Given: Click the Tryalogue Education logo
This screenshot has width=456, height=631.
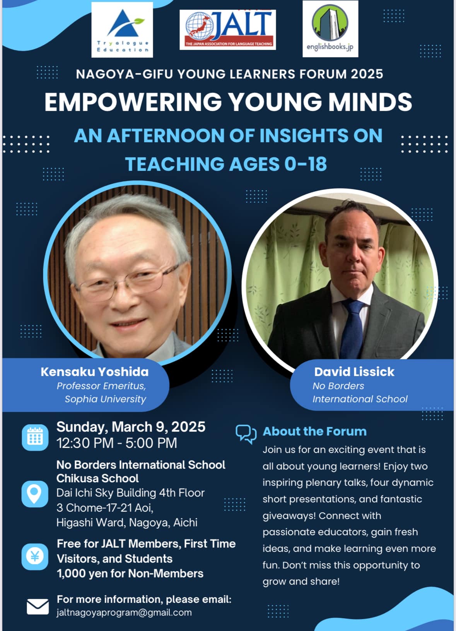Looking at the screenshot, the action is [122, 30].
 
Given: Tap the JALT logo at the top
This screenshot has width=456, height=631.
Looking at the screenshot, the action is [227, 30].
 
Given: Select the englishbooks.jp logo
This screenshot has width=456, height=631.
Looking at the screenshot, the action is [330, 29].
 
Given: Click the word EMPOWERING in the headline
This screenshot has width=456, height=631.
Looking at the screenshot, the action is [133, 102].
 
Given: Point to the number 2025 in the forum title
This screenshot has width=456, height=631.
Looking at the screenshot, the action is [367, 74].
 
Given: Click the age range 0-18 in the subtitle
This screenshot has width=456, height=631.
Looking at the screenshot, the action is [306, 164].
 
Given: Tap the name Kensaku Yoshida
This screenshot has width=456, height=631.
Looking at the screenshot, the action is [94, 372].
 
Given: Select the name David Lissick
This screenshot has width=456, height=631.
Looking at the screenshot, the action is [354, 372].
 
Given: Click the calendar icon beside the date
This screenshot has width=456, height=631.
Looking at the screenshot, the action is [35, 437].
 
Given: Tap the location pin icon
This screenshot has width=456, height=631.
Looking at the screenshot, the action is [35, 494].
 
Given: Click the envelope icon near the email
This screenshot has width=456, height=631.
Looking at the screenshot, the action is [38, 607].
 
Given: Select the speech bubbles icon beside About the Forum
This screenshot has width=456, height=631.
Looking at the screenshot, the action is [246, 434].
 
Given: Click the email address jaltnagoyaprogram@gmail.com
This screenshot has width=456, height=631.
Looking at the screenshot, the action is [124, 613].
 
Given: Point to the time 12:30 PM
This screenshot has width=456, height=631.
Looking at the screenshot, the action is [85, 443].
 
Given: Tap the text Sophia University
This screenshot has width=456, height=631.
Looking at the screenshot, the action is [106, 399].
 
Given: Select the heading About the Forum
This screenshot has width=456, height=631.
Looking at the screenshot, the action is [315, 432].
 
